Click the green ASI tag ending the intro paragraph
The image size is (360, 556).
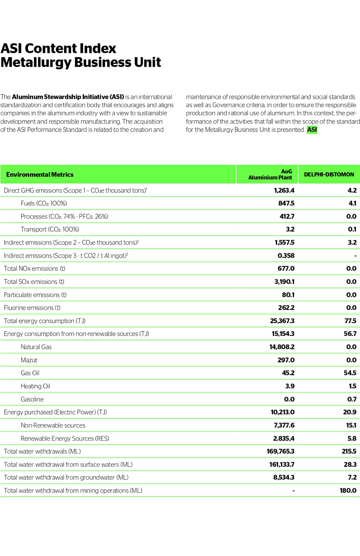312,130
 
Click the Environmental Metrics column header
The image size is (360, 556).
40,175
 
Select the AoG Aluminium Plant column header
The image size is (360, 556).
270,175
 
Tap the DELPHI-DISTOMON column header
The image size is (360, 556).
329,175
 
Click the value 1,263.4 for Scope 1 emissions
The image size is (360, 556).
284,191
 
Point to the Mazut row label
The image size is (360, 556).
29,360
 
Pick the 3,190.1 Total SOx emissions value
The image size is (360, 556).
284,282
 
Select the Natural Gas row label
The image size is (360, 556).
36,347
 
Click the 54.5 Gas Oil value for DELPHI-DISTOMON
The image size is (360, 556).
350,373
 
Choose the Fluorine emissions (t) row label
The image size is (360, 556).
32,308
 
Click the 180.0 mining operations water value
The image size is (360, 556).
348,491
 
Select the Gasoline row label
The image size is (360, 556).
32,399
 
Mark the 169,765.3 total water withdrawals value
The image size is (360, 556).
280,452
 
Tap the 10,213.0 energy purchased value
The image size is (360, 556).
282,412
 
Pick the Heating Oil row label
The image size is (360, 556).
35,386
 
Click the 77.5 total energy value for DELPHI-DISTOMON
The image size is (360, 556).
350,321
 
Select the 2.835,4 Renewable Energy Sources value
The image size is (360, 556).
284,439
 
